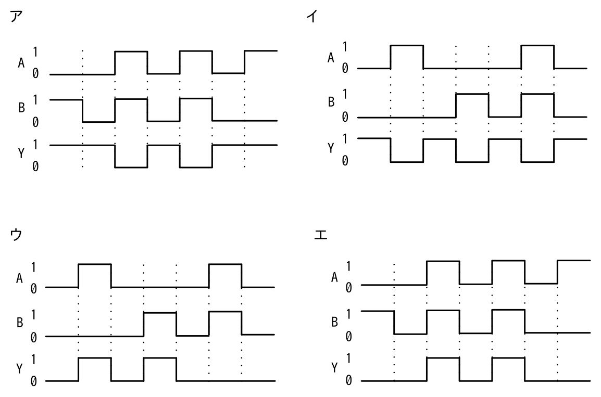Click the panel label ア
pos(16,17)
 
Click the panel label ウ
pos(16,234)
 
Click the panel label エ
pos(320,234)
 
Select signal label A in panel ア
pos(21,63)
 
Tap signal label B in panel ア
pos(21,108)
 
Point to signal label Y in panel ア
pos(21,153)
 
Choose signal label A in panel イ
pos(331,58)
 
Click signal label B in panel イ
pos(331,102)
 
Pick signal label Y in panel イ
pos(331,148)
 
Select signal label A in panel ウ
pos(20,278)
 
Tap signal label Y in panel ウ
pos(20,368)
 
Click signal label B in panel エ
pos(335,323)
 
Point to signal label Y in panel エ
pos(335,367)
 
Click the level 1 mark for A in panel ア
pos(35,52)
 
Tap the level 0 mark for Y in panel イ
pos(345,161)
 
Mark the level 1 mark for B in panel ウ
pos(34,315)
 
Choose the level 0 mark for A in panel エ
pos(348,288)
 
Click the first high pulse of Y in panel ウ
pos(95,358)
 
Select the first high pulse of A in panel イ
pos(407,46)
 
